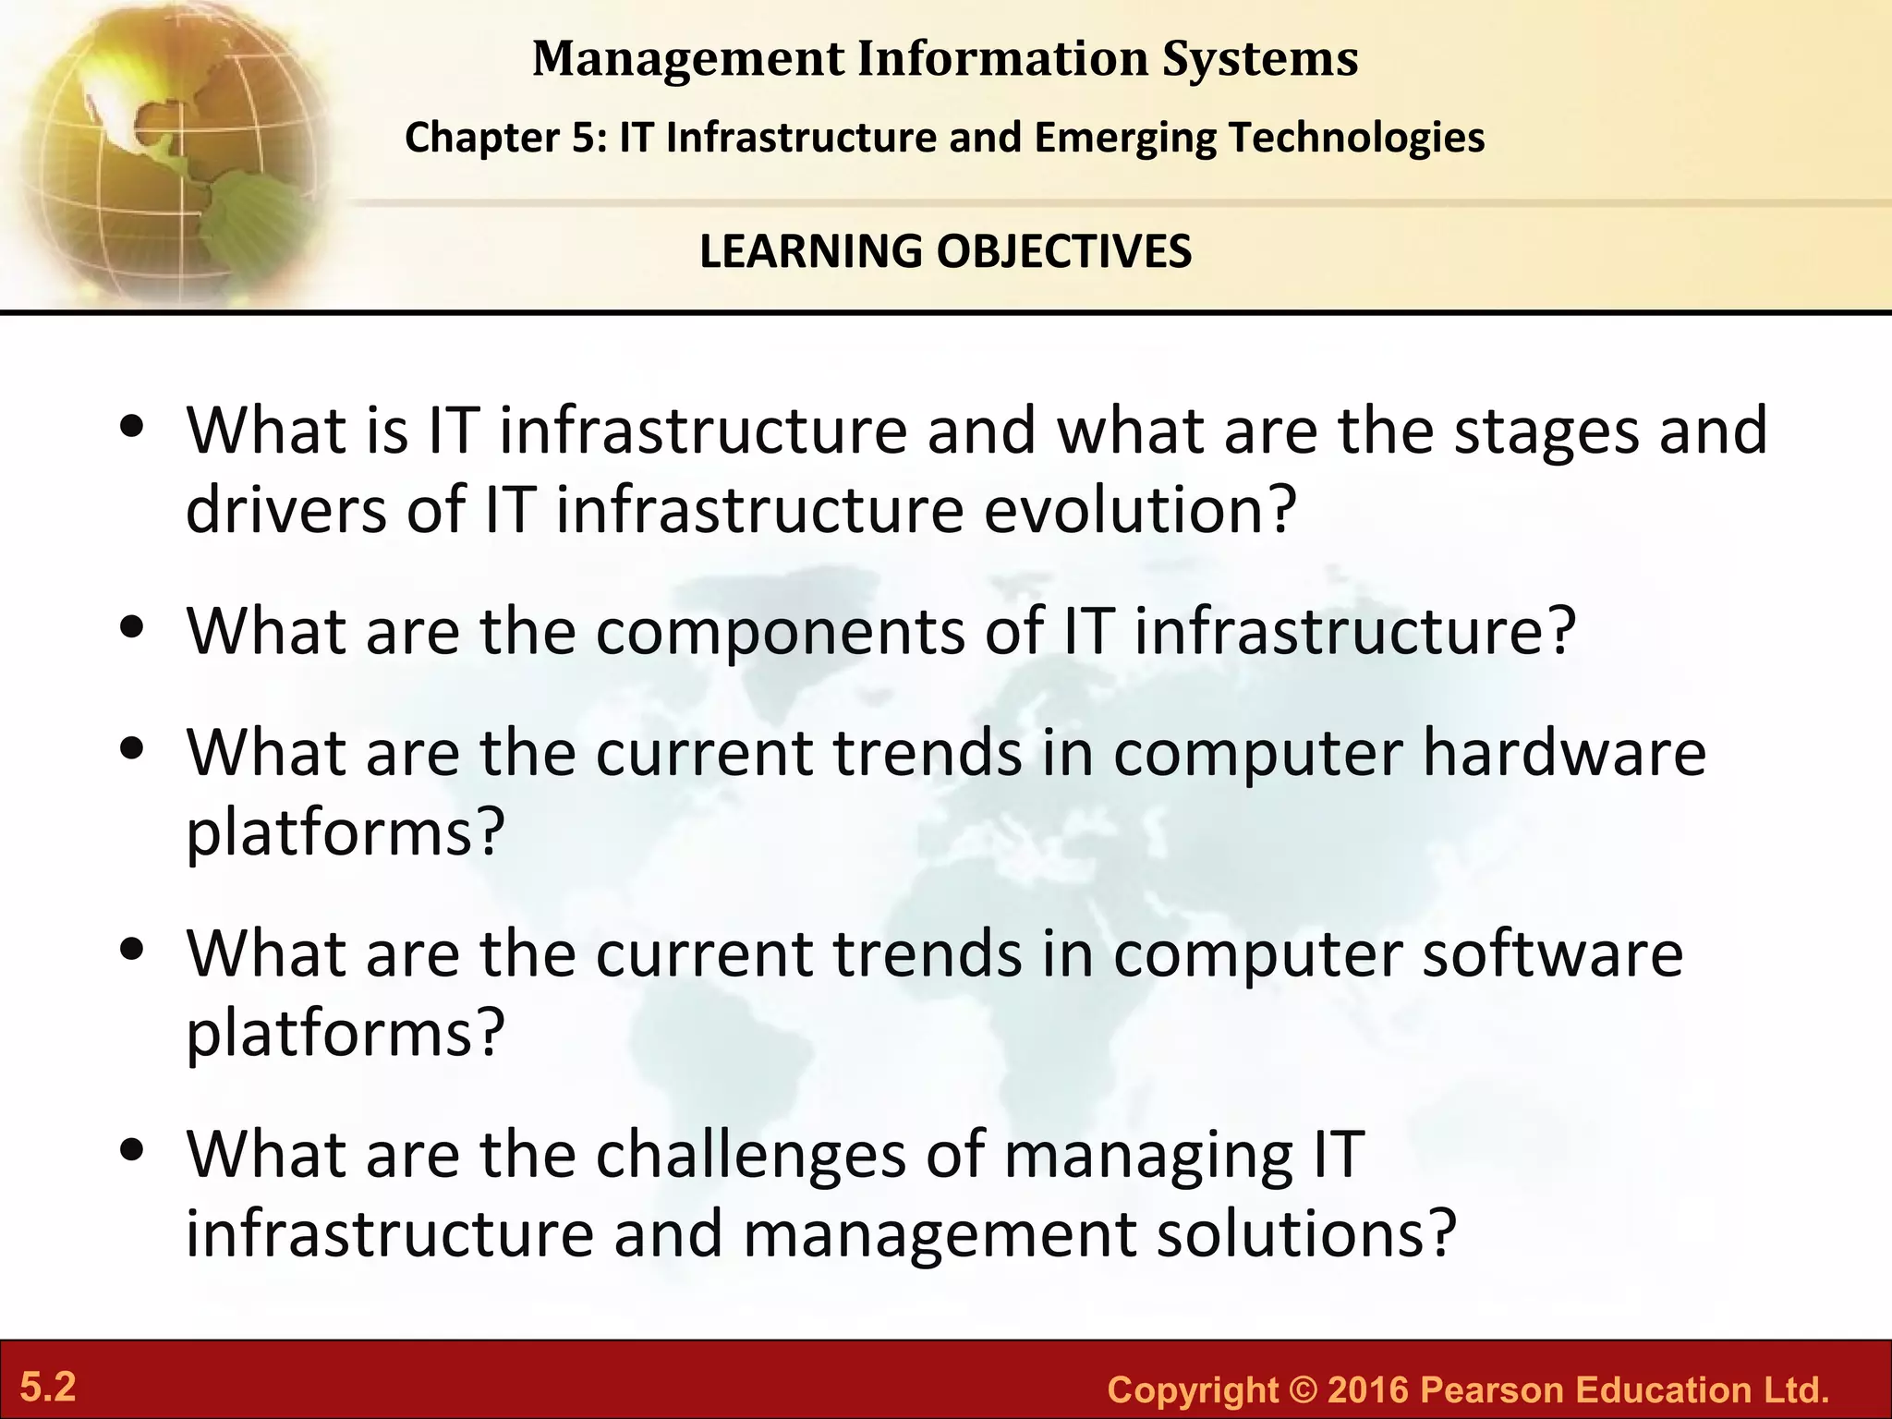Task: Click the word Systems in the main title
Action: [x=1260, y=59]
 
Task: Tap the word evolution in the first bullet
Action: [x=1127, y=510]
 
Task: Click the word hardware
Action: [x=1564, y=753]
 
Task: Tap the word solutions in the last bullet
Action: [x=1293, y=1234]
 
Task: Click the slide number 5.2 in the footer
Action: [x=48, y=1388]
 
